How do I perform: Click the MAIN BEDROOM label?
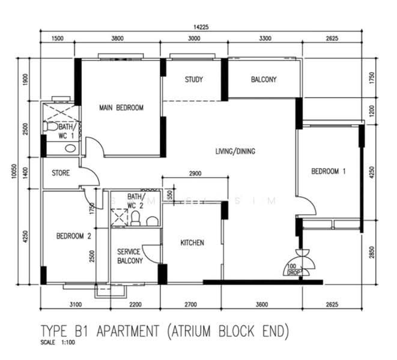coord(121,108)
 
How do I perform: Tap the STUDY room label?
coord(193,80)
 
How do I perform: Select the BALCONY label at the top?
coord(264,79)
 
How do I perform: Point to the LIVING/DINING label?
coord(235,151)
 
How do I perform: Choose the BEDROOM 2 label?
coord(73,236)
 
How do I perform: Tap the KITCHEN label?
coord(192,243)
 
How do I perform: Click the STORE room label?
coord(61,173)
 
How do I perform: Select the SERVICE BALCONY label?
coord(130,256)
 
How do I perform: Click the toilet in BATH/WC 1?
coord(50,127)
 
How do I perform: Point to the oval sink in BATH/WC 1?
coord(70,148)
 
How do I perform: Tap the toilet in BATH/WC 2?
coord(136,218)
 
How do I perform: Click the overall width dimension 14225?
coord(201,27)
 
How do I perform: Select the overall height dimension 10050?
coord(14,171)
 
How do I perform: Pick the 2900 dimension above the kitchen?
coord(195,173)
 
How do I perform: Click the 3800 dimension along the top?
coord(118,38)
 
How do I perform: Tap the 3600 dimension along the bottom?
coord(262,304)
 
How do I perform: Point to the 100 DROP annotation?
coord(294,269)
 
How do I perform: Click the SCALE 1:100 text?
coord(58,343)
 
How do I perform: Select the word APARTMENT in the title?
coord(128,331)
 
